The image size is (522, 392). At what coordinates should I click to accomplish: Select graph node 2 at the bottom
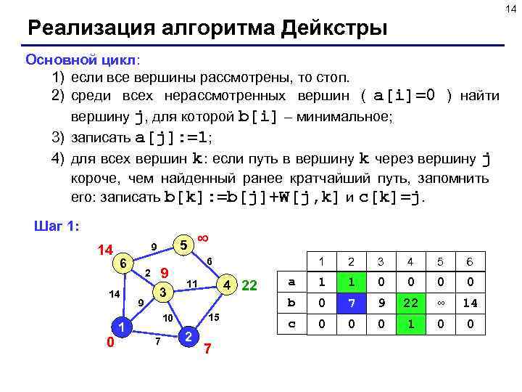click(x=188, y=336)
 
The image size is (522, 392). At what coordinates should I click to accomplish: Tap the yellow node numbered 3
click(x=164, y=293)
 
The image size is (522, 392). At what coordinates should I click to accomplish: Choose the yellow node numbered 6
click(x=124, y=264)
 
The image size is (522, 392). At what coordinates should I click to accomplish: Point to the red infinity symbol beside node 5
click(x=204, y=239)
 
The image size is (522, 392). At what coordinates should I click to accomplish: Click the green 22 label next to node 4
click(x=249, y=285)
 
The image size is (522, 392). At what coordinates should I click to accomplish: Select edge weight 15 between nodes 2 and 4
click(x=214, y=318)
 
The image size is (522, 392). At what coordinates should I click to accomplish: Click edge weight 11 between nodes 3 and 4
click(x=192, y=282)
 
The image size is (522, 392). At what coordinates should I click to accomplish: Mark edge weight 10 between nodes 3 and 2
click(x=167, y=319)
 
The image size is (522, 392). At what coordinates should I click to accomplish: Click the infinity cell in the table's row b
click(x=438, y=303)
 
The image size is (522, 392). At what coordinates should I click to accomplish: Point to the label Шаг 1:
click(x=57, y=226)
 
